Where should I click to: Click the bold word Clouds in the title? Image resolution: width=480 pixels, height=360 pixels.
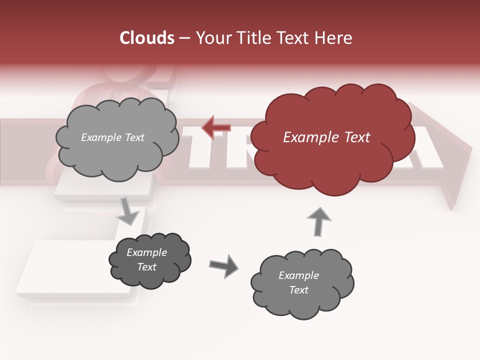[147, 38]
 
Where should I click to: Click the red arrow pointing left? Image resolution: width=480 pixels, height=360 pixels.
[215, 127]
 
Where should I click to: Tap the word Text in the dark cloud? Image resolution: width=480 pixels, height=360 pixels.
[147, 267]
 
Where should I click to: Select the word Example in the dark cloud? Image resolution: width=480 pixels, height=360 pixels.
[147, 252]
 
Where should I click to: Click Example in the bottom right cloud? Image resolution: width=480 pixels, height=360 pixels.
[298, 275]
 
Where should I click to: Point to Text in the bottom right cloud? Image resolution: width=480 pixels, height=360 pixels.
[298, 290]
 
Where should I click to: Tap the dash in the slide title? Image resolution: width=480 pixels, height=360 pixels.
[184, 38]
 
